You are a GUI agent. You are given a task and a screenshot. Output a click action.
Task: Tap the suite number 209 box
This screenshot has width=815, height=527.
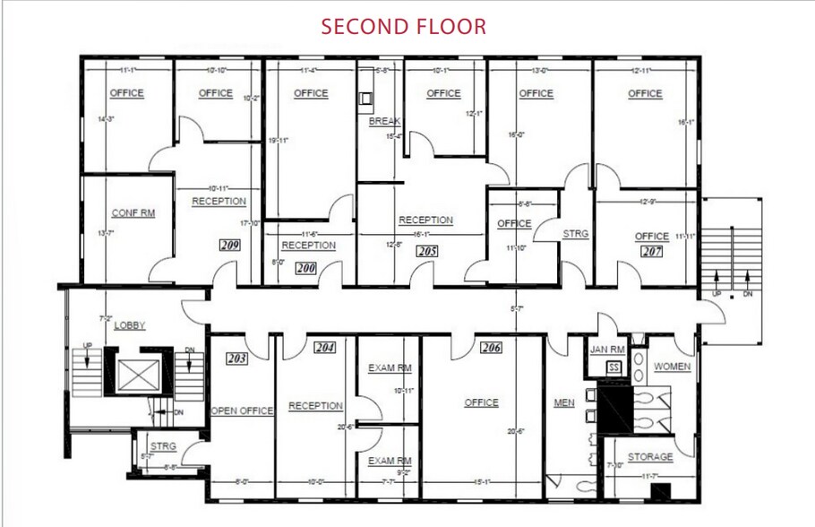[229, 244]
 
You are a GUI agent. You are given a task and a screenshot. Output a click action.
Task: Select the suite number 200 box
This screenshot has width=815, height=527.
[307, 267]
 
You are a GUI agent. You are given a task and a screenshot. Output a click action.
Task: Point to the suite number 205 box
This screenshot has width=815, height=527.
[427, 252]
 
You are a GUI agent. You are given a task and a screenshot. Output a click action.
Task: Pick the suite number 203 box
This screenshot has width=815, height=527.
[236, 359]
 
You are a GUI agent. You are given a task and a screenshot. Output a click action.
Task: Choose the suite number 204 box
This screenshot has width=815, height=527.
[324, 348]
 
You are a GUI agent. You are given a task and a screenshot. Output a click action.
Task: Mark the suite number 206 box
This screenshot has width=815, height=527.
[490, 348]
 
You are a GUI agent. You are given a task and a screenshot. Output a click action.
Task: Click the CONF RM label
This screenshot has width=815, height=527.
[133, 213]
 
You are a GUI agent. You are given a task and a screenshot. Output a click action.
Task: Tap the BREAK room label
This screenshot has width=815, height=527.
[384, 121]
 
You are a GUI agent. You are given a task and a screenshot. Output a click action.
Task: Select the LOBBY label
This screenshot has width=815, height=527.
[130, 325]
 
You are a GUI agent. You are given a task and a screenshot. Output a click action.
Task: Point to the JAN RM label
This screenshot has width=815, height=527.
[606, 350]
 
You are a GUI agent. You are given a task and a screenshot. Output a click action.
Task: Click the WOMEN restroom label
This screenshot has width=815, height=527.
[672, 367]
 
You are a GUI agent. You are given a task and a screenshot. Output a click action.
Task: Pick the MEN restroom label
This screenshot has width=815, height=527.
[564, 402]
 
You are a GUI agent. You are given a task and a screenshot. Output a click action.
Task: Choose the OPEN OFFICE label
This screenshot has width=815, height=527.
[242, 410]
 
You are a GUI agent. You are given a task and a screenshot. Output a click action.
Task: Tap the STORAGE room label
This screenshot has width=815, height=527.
[649, 457]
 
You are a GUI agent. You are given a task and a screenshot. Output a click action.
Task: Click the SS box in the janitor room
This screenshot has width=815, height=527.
[613, 367]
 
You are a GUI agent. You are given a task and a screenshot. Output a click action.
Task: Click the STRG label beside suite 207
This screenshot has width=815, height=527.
[576, 234]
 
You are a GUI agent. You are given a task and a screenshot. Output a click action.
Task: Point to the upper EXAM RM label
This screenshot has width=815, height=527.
[390, 367]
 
